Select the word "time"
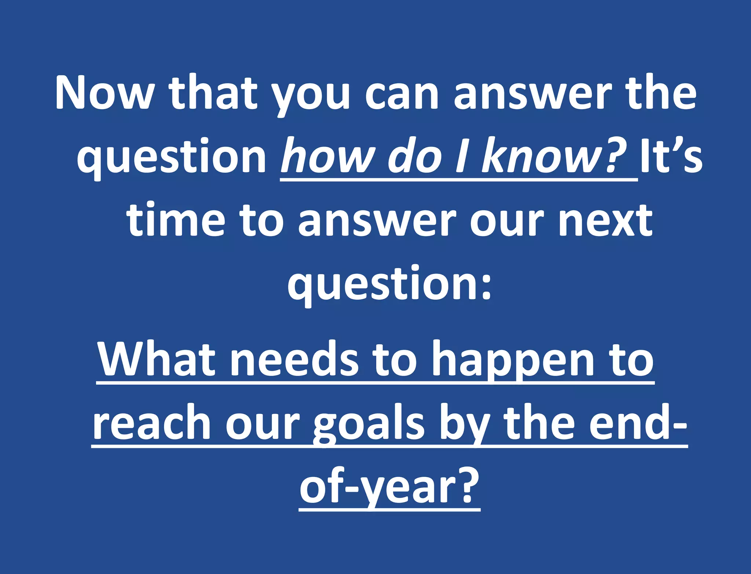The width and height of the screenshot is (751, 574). [176, 220]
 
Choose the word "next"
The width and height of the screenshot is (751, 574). [605, 220]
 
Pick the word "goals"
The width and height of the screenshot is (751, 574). [369, 425]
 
